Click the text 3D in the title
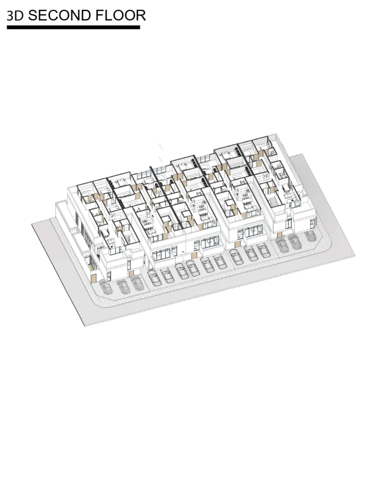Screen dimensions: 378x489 (x=15, y=16)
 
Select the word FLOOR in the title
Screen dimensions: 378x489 (x=121, y=16)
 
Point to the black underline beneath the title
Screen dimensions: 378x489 (x=73, y=28)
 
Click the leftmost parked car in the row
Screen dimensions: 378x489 (x=106, y=287)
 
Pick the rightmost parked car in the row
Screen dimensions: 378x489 (x=311, y=236)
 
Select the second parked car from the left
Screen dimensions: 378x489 (x=124, y=286)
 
